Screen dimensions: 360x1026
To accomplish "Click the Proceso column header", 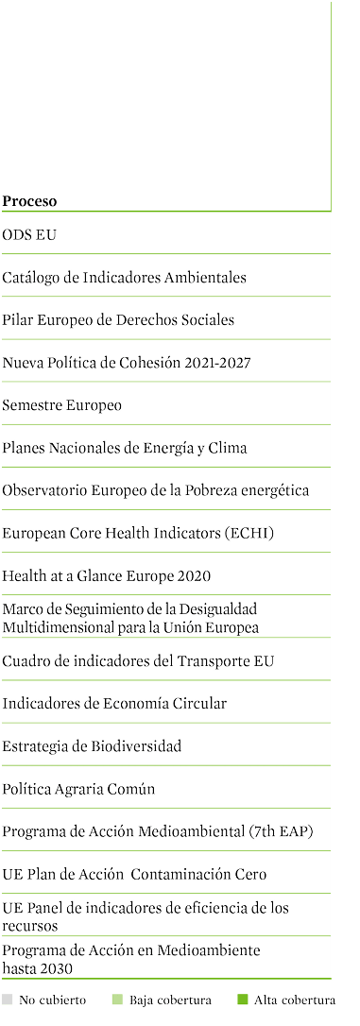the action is coord(29,201).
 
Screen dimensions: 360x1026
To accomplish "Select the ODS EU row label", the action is coord(28,235).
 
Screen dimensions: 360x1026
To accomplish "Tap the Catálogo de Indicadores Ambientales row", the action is coord(125,278).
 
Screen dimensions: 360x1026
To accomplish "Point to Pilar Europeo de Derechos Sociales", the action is coord(118,320).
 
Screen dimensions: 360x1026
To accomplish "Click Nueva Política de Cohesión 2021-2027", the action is coord(127,363).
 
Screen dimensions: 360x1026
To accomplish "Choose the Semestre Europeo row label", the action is coord(61,405).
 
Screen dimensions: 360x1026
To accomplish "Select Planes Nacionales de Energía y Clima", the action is coord(125,448).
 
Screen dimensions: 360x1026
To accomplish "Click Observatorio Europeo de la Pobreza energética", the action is coord(156,490).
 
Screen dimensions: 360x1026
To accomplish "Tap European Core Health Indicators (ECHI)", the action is coord(138,533).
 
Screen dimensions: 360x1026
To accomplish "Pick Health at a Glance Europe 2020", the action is coord(106,575).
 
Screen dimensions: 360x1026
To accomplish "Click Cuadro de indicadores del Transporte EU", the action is coord(138,661).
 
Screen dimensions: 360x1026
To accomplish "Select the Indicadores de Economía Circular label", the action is coord(114,704).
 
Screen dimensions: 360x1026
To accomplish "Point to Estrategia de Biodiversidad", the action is coord(92,746).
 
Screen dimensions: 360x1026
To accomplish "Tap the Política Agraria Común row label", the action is coord(78,789).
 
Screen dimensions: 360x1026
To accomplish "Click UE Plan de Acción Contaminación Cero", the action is coord(134,874).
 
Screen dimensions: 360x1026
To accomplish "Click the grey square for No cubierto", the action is coord(8,1000).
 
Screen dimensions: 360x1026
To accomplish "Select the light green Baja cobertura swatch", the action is coord(118,1000).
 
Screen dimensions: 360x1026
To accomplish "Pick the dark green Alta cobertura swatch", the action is coord(243,1000).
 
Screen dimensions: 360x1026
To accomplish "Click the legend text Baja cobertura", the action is coord(170,1000).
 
